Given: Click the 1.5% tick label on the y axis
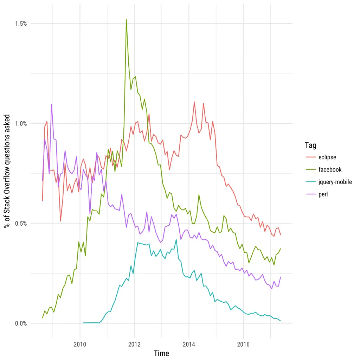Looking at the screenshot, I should pos(21,24).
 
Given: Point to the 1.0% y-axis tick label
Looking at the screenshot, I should pos(21,123).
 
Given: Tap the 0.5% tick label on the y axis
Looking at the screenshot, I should pos(21,224).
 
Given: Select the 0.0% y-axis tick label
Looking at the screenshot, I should pos(21,323).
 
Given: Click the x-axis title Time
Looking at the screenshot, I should pos(161,353).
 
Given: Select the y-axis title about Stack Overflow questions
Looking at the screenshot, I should pos(7,171).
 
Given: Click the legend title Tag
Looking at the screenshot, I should pos(310,145).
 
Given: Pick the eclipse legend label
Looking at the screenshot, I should pos(327,157).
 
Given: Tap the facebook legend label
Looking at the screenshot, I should pos(330,169).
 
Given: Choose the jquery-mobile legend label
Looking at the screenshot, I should pos(335,182).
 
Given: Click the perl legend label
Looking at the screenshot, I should pos(323,194).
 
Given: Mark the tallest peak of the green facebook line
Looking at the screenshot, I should pos(126,19).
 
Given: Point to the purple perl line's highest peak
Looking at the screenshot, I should pos(51,104).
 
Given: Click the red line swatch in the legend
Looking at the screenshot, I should pos(310,157).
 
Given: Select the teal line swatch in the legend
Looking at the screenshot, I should pos(310,182).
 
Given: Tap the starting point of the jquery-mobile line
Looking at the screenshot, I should pos(84,323).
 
